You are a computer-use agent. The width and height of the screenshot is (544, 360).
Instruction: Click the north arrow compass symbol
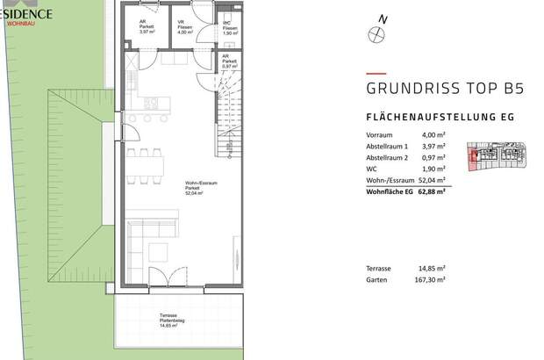click(377, 34)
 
